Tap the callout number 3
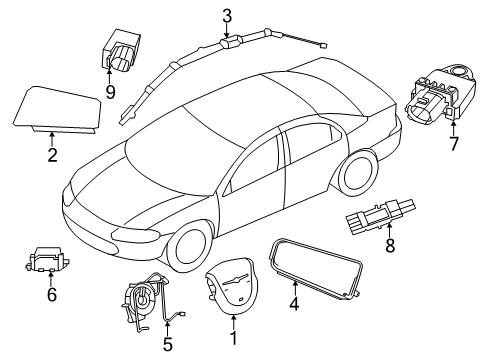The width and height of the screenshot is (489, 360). click(227, 15)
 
